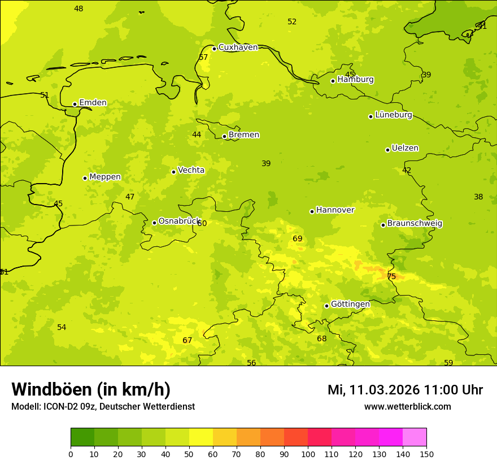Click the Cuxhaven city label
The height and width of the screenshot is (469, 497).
tap(238, 47)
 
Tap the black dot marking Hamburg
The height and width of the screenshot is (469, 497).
tap(333, 81)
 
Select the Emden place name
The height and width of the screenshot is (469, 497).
tap(93, 103)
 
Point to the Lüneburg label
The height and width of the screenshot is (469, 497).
tap(394, 115)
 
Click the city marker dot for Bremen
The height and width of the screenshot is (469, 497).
tap(224, 136)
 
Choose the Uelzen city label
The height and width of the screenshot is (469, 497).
tap(405, 149)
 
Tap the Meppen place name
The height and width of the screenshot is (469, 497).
tap(105, 177)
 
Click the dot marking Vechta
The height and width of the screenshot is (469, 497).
tap(173, 172)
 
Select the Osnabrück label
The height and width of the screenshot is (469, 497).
tap(179, 222)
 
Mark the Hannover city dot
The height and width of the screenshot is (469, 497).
tap(312, 211)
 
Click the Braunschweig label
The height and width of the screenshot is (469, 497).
tap(415, 224)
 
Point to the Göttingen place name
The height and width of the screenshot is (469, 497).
tap(350, 305)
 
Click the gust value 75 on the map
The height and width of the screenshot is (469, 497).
tap(391, 276)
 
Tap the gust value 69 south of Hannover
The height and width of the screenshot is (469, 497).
tap(298, 239)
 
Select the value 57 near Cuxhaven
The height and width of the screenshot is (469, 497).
tap(203, 58)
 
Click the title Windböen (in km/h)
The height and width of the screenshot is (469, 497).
tap(91, 389)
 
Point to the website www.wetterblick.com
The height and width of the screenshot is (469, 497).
tap(407, 407)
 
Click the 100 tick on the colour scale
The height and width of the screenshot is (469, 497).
tap(308, 454)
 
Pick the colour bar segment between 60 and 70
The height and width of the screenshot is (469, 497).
tap(225, 437)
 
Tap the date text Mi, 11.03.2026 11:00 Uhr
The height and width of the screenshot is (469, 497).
tap(405, 390)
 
